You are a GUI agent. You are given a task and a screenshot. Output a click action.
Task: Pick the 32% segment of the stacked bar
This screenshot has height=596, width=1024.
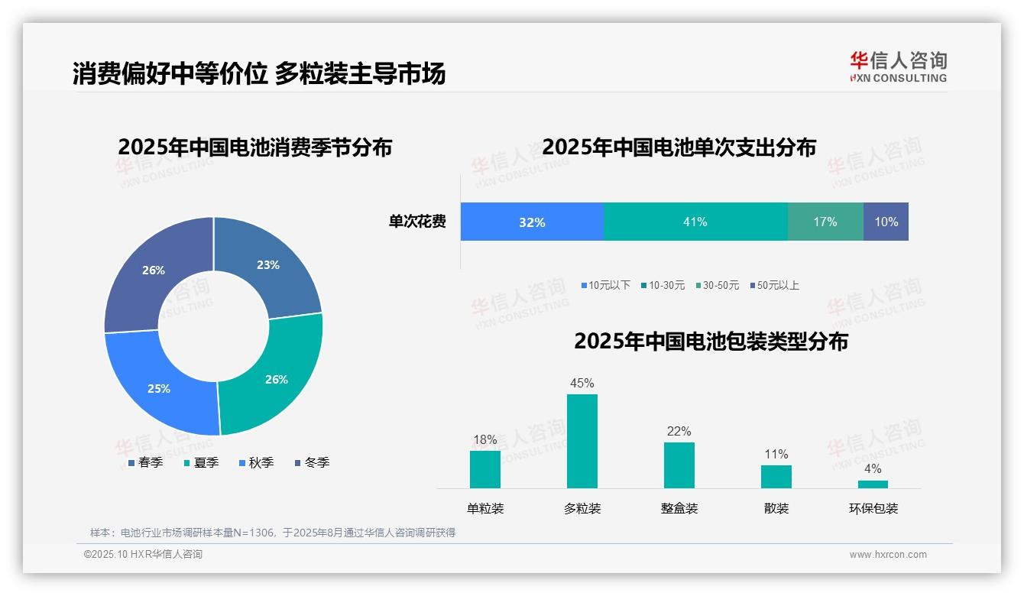(532, 222)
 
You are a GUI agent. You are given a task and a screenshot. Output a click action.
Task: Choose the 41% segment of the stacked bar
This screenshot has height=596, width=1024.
(695, 222)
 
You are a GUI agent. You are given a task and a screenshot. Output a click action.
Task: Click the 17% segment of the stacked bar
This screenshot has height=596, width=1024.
(825, 222)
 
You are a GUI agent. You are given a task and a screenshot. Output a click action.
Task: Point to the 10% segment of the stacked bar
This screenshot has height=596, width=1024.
(886, 222)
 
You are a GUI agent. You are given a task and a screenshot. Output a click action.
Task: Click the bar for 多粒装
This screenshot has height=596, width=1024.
(582, 441)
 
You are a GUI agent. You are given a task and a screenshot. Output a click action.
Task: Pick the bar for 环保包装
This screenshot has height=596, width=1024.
(873, 484)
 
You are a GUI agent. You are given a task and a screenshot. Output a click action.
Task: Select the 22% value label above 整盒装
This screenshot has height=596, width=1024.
(679, 431)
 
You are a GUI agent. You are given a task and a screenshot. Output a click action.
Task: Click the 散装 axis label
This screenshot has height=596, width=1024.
(776, 508)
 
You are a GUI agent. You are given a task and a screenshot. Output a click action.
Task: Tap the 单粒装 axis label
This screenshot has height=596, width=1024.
(485, 508)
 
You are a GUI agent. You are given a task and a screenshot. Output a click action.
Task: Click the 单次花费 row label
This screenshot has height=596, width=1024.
(417, 222)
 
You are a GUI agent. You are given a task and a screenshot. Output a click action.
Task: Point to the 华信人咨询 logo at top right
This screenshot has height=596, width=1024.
(898, 66)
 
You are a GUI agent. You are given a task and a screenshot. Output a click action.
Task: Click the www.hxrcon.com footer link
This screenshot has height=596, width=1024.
(887, 555)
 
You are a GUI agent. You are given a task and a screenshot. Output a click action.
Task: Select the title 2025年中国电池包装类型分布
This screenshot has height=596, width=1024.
(711, 341)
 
